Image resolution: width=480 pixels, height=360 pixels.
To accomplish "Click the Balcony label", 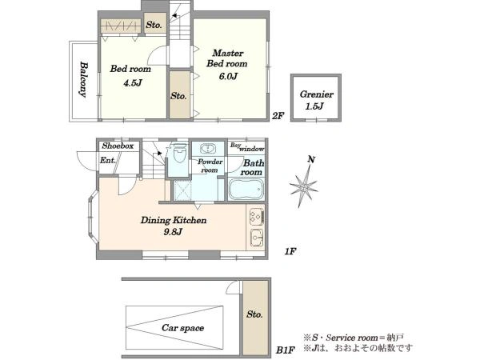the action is coord(83,79).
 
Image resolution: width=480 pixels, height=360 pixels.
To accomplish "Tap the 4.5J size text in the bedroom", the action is coord(133,83).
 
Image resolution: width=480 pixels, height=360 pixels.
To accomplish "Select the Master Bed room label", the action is coord(227,58).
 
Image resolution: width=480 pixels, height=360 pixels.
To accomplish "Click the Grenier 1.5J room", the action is coord(316,98).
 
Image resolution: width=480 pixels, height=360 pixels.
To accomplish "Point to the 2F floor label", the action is coord(278,116).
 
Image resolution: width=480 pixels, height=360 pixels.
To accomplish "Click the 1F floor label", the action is coord(290,252).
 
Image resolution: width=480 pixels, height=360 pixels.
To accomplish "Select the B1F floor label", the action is coord(285,350).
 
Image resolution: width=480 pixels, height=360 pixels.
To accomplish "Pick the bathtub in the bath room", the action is coord(246,189).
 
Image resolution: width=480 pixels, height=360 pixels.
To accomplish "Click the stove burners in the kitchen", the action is coord(256,217).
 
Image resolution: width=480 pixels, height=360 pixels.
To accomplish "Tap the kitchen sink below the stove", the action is coord(257,237).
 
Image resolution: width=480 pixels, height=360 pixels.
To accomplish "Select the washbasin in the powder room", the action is coord(208,149).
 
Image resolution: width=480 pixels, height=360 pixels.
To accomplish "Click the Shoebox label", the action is coord(118,146).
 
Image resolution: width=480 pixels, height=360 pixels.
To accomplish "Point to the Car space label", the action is coord(182,328).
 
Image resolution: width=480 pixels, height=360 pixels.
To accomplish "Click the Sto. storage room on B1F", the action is coord(256,317).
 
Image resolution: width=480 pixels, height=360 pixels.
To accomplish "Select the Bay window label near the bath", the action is coord(247,147).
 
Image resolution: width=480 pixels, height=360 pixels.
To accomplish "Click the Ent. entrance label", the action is coord(108,160).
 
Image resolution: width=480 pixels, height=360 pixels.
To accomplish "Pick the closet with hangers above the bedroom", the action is coord(121,26).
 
